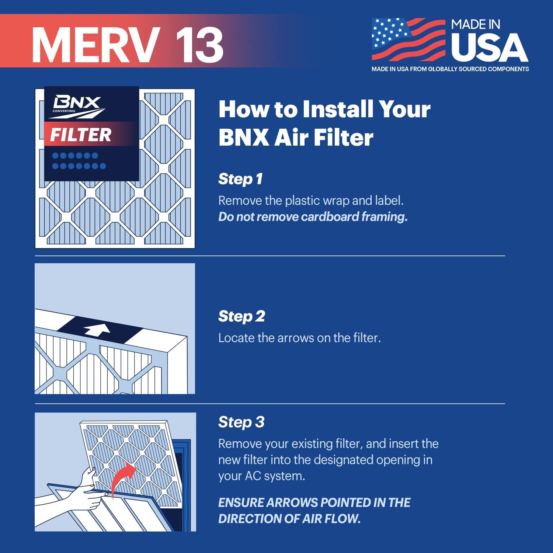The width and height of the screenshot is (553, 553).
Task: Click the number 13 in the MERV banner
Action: tap(199, 45)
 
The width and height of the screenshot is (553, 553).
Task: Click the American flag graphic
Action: tap(408, 39)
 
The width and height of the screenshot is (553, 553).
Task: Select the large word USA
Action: tap(489, 48)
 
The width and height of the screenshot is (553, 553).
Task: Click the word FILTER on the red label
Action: tap(80, 135)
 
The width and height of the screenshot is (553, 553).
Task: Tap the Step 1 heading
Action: tap(240, 179)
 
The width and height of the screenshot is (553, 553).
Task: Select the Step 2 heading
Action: tap(241, 316)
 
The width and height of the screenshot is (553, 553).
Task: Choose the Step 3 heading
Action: tap(241, 422)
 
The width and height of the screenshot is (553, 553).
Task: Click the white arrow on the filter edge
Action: tap(97, 330)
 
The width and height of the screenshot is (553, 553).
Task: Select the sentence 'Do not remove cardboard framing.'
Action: tap(313, 217)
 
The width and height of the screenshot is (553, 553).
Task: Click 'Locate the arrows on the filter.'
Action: tap(299, 338)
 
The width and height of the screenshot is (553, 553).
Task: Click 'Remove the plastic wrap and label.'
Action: tap(311, 201)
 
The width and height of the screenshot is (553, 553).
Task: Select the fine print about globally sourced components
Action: tap(450, 69)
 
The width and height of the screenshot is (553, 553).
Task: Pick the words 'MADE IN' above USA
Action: tap(476, 25)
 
